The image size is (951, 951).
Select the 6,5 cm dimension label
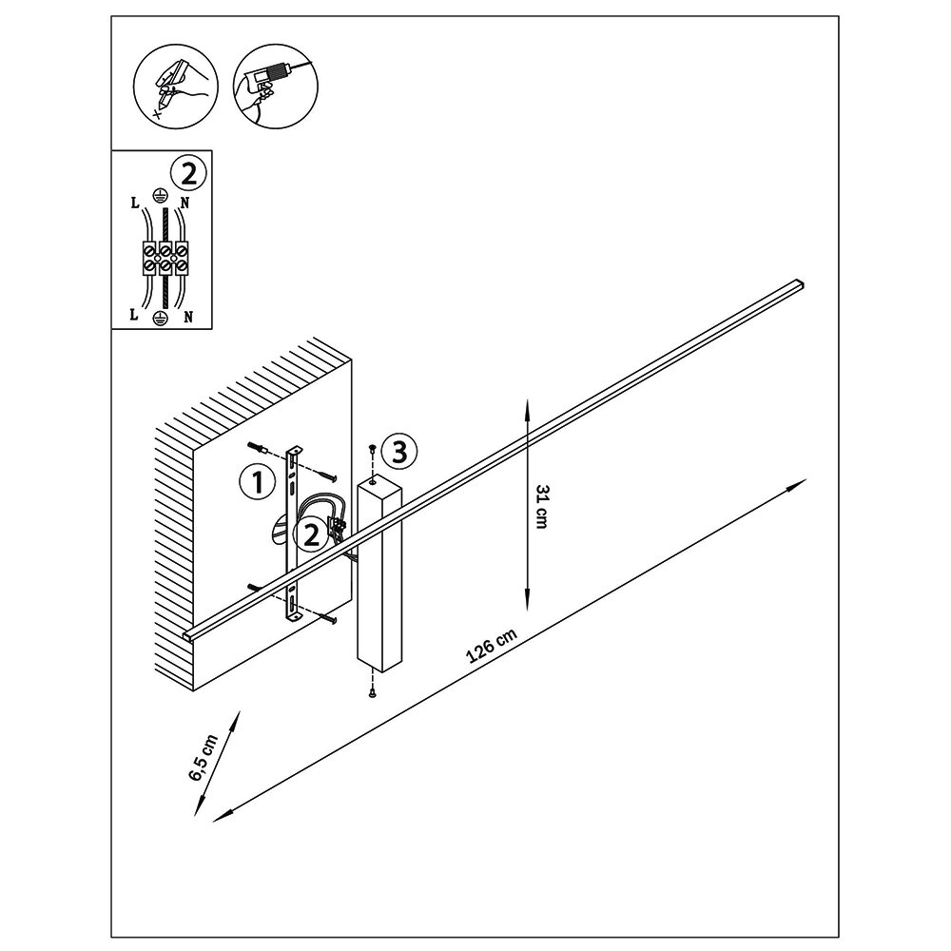tap(204, 758)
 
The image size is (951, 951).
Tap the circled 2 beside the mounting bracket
tap(310, 534)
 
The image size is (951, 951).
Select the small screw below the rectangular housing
tap(373, 694)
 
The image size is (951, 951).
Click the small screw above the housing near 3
tap(372, 447)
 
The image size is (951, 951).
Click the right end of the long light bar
tap(800, 283)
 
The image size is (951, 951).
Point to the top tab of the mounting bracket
tap(293, 453)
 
